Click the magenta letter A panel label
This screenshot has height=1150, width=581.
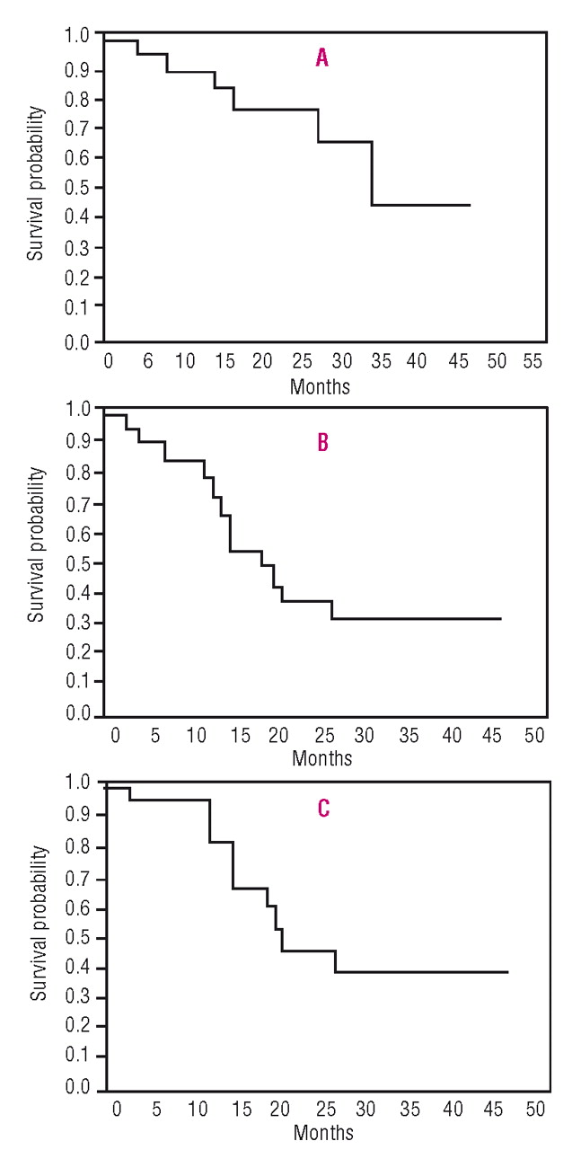(x=321, y=59)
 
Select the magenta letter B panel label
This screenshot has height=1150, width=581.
(x=322, y=442)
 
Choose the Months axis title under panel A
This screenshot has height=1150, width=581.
(x=321, y=387)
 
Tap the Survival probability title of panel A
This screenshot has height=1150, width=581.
(x=35, y=183)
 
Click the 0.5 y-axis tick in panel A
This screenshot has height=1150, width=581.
(x=79, y=188)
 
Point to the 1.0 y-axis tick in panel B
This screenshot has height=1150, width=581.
(x=79, y=409)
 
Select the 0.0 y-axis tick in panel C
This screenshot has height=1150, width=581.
(x=79, y=1088)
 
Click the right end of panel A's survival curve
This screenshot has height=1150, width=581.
(x=470, y=205)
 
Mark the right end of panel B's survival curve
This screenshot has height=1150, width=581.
(x=500, y=618)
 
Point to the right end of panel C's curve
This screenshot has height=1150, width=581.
(x=508, y=972)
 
